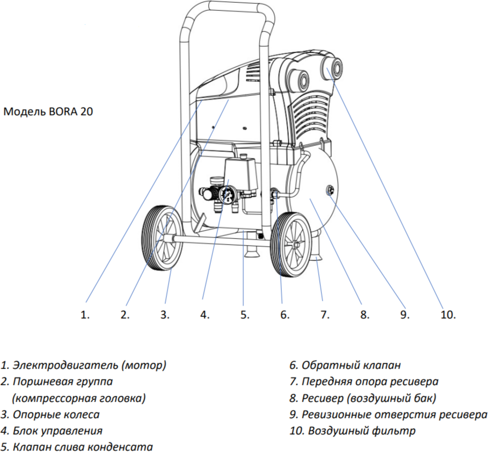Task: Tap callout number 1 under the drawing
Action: pos(85,314)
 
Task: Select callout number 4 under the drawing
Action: pos(204,314)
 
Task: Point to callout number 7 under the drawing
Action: pos(325,314)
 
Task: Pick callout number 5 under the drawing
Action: pos(244,314)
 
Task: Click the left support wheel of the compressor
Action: pos(162,237)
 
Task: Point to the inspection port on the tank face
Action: pos(329,190)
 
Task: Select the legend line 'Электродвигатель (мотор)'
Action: pos(84,365)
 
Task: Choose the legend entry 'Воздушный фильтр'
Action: pos(353,431)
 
